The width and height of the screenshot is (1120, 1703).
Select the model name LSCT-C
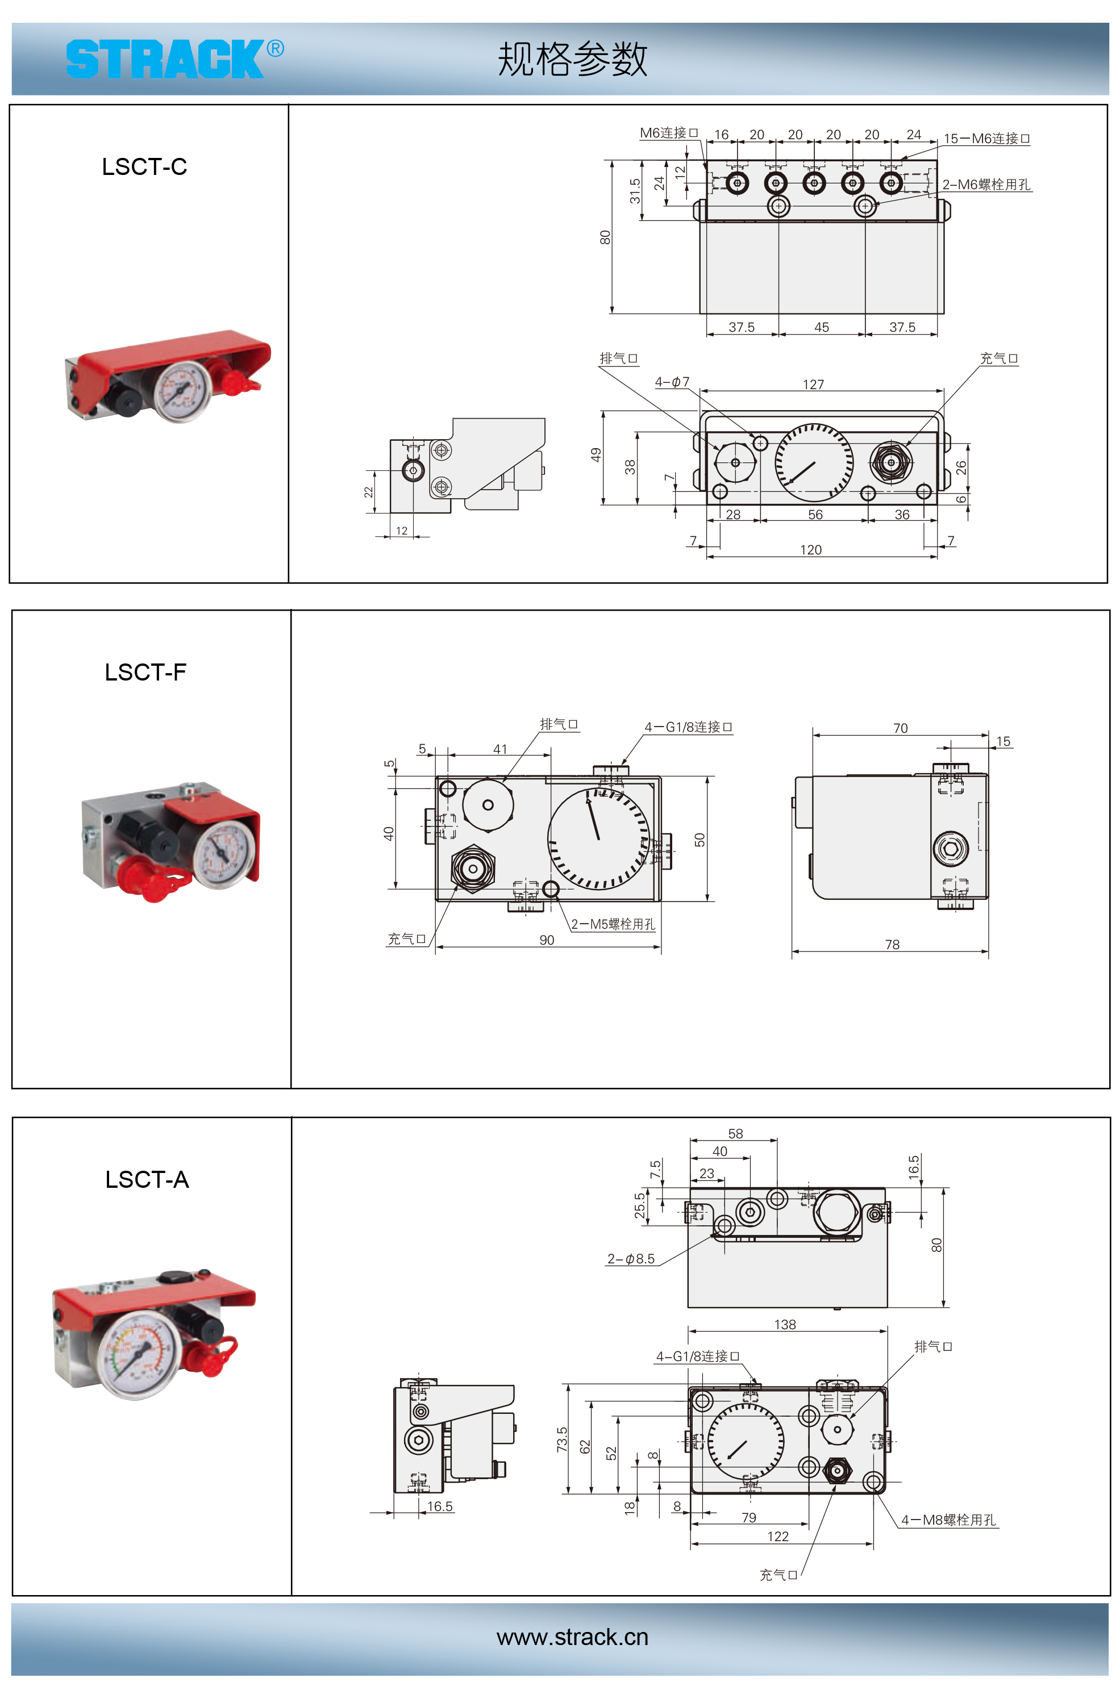coord(144,167)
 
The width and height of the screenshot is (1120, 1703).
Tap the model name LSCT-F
coord(145,672)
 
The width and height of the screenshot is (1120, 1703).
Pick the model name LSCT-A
coord(147,1179)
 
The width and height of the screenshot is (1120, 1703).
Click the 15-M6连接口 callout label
coord(986,139)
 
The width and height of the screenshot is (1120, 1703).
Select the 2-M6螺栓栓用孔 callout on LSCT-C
coord(985,185)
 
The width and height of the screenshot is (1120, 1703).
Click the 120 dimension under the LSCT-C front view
coord(811,549)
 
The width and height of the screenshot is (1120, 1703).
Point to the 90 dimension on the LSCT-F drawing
coord(547,940)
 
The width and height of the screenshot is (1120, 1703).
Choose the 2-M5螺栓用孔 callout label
coord(613,924)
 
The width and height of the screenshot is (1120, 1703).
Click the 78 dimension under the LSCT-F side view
coord(892,945)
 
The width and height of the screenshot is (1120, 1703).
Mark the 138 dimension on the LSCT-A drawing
coord(785,1325)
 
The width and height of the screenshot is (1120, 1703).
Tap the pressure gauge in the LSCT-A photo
coord(140,1354)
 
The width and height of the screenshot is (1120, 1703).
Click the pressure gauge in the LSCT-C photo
coord(183,390)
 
